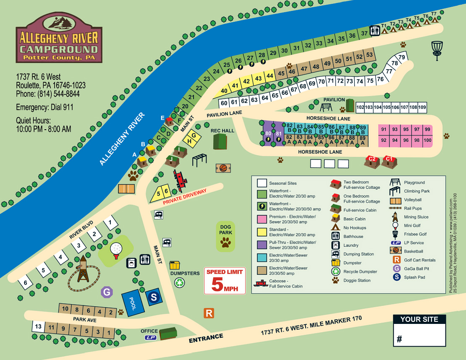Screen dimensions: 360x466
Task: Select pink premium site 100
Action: point(427,140)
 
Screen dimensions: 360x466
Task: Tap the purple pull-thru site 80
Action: point(268,134)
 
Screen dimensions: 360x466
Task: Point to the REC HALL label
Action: point(223,130)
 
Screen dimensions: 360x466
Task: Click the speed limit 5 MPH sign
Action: point(225,280)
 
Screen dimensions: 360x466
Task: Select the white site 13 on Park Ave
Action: point(38,327)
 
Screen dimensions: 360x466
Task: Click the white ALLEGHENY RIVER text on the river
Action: point(122,139)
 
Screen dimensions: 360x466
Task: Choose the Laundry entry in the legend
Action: point(351,245)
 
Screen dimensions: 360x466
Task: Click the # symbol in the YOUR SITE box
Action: point(399,339)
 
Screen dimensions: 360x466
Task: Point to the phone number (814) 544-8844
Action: point(48,94)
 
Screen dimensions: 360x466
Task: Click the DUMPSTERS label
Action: point(185,274)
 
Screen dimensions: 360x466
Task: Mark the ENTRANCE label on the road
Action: point(206,338)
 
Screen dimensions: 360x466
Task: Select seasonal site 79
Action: point(402,57)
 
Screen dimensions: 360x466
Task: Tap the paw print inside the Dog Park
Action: point(226,242)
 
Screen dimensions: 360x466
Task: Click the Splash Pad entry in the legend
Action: point(414,277)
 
